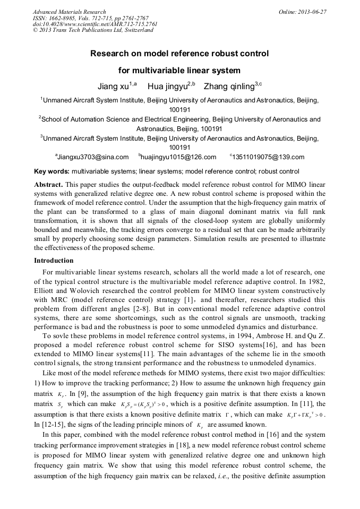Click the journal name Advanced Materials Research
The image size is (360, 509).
[69, 12]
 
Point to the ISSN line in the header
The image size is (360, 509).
[90, 18]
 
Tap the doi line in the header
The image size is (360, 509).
[95, 24]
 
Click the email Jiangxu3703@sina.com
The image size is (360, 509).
[93, 157]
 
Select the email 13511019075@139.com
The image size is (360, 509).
[269, 157]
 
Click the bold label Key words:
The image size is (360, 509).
[52, 172]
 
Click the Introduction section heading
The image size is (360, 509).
[54, 261]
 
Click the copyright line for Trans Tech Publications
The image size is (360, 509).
[93, 30]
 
